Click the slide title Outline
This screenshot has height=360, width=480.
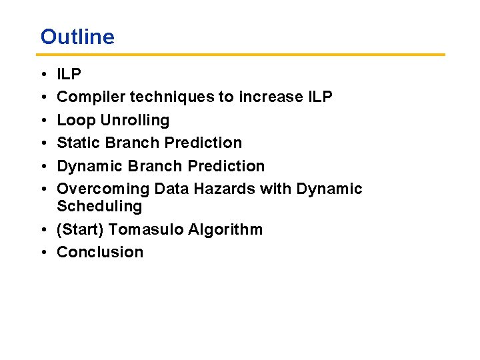[x=77, y=37]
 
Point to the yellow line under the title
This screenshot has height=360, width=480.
[x=241, y=55]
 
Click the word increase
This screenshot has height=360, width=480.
[x=271, y=97]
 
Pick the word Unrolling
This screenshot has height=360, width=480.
[x=135, y=120]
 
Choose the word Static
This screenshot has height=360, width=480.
[x=79, y=143]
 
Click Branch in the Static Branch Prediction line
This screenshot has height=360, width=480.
[x=132, y=143]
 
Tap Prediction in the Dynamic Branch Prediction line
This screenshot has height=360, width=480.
[x=226, y=166]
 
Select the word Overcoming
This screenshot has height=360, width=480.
[x=103, y=189]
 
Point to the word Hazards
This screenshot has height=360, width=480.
[x=225, y=189]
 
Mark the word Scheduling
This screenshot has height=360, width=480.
[x=99, y=206]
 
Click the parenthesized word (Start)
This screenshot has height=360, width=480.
[x=80, y=229]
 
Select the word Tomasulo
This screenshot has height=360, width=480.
[x=146, y=229]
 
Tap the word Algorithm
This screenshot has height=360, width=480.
[x=225, y=229]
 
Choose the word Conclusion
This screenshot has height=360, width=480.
[x=100, y=252]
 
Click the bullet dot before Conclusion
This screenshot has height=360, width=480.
[x=44, y=253]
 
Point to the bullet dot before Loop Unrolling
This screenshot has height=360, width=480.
[x=44, y=120]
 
